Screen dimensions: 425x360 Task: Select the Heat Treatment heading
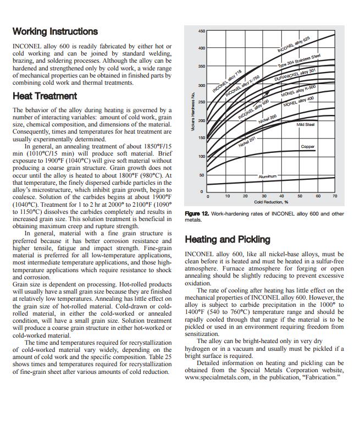pyautogui.click(x=45, y=96)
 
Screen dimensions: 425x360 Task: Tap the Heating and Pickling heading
pyautogui.click(x=228, y=240)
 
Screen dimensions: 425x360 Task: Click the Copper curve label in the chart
pyautogui.click(x=308, y=147)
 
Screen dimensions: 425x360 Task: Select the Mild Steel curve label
pyautogui.click(x=306, y=125)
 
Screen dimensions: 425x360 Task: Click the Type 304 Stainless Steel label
pyautogui.click(x=299, y=61)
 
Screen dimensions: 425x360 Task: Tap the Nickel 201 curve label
pyautogui.click(x=247, y=142)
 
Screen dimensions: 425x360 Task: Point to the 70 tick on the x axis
pyautogui.click(x=335, y=196)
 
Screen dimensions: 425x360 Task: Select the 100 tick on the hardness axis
pyautogui.click(x=202, y=157)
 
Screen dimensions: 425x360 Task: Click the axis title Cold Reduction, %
pyautogui.click(x=271, y=202)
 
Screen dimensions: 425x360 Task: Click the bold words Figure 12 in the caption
pyautogui.click(x=197, y=214)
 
